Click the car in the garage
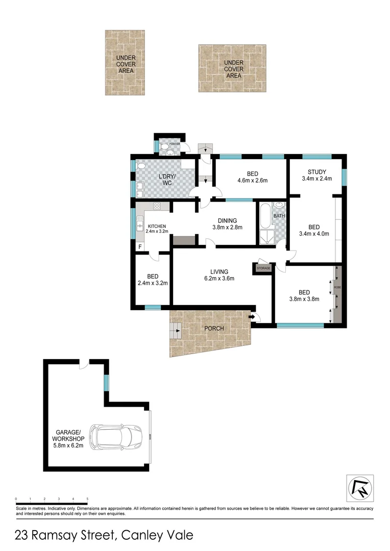point(116,437)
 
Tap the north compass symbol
point(360,488)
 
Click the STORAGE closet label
point(263,268)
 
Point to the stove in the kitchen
point(157,207)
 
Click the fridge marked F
point(140,247)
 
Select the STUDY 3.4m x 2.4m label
point(316,175)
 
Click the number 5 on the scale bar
point(87,498)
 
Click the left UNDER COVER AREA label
point(126,64)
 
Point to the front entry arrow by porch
point(252,317)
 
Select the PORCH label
point(214,328)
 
